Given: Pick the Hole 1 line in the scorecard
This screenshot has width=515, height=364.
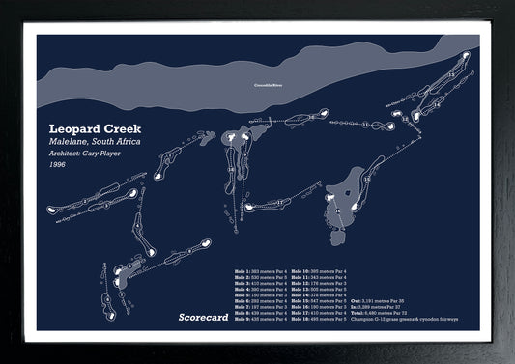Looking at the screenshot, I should (261, 272).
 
